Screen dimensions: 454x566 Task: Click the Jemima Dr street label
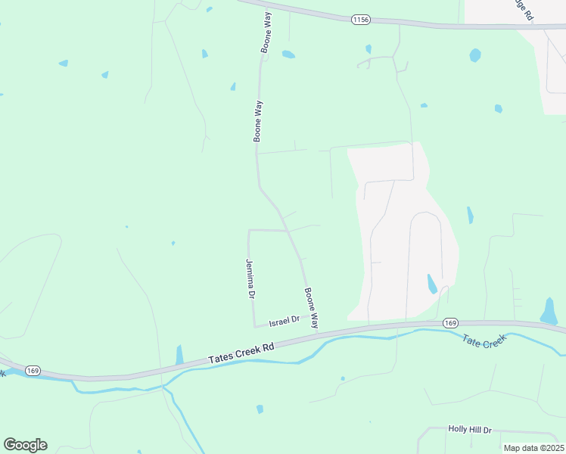coord(249,278)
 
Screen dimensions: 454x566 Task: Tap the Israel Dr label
coord(285,321)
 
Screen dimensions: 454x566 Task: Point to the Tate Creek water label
coord(483,342)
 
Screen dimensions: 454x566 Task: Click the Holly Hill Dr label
coord(469,429)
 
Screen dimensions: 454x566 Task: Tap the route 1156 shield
coord(360,20)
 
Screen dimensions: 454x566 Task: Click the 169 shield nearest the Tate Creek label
coord(451,322)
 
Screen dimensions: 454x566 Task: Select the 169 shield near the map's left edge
coord(33,370)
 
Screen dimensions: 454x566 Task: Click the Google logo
coord(25,445)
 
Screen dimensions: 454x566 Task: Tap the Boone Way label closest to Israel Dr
coord(311,306)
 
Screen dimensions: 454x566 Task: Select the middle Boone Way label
coord(258,122)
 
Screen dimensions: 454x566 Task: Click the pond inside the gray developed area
coord(431,284)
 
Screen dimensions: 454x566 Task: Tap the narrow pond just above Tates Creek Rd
coord(179,355)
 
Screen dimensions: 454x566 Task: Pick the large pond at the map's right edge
coord(549,311)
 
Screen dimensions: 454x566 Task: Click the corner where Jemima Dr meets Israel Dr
coord(254,326)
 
